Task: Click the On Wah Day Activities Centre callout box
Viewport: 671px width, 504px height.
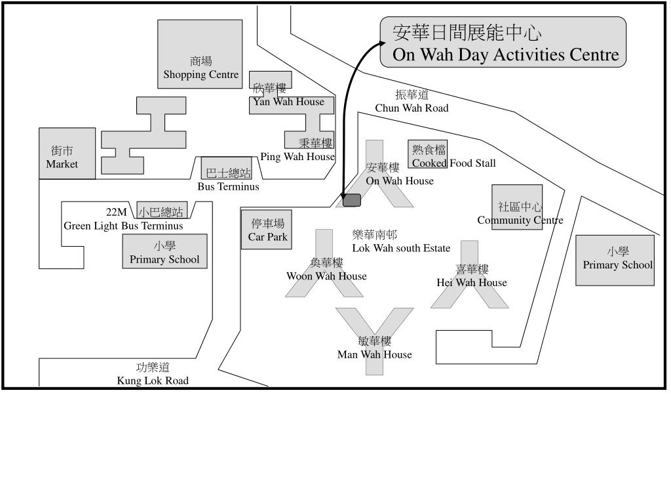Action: click(503, 43)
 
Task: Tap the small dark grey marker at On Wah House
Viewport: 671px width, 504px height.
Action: click(352, 200)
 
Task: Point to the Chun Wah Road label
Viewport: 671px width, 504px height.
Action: click(412, 108)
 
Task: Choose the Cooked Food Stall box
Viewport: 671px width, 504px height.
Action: click(429, 156)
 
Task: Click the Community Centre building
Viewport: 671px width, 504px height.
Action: click(517, 207)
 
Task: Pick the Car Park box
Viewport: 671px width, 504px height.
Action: click(267, 230)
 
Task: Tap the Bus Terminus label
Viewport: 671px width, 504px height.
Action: click(228, 186)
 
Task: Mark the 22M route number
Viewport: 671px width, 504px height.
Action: click(117, 212)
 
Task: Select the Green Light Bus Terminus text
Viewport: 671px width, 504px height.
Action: click(123, 226)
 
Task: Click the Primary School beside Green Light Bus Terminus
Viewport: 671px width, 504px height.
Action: click(164, 252)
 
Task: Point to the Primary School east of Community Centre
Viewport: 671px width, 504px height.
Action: click(615, 260)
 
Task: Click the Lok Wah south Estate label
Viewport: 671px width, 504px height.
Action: click(401, 248)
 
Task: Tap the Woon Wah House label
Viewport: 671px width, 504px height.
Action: click(326, 276)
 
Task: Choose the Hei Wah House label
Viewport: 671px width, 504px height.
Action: click(472, 283)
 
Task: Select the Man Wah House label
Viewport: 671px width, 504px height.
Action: click(375, 354)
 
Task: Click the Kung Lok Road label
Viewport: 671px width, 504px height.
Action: click(153, 381)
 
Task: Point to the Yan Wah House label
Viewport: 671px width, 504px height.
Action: click(288, 102)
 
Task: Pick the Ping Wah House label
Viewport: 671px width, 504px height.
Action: click(297, 157)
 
